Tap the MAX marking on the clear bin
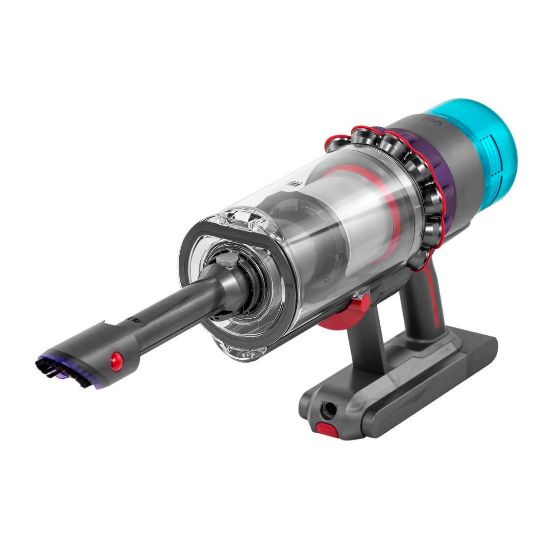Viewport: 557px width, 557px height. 295,185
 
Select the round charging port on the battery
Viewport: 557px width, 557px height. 333,409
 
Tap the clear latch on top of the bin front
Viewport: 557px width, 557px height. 245,218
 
